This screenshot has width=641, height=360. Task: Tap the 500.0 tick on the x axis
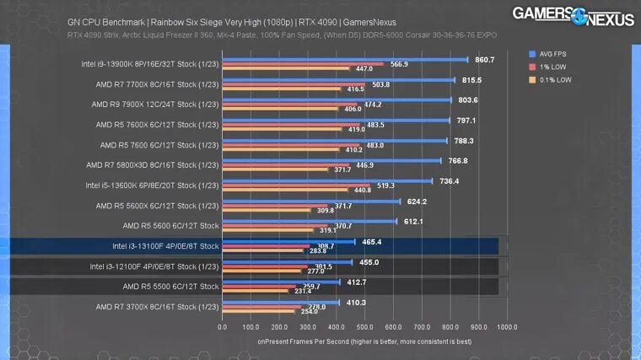[x=365, y=326]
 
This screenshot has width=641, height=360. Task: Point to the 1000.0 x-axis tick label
[x=508, y=326]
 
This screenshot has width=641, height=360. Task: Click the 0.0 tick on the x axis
[x=223, y=326]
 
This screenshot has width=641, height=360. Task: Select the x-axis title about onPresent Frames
[x=364, y=341]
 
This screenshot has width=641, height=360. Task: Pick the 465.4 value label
[x=371, y=242]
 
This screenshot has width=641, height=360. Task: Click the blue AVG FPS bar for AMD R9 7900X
[x=337, y=99]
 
